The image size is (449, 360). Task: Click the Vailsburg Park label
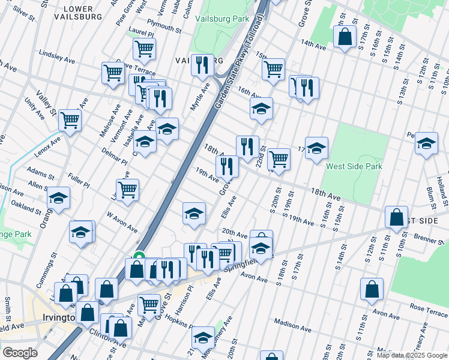[221, 19]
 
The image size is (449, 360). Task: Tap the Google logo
[20, 353]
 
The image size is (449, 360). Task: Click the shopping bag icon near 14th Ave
[345, 37]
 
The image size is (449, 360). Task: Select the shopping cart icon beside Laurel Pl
[144, 49]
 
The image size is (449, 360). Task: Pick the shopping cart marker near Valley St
[70, 120]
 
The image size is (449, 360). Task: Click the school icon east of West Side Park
[426, 143]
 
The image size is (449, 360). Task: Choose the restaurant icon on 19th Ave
[227, 166]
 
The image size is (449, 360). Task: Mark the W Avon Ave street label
[122, 221]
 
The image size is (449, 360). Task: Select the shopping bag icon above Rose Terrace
[372, 289]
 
